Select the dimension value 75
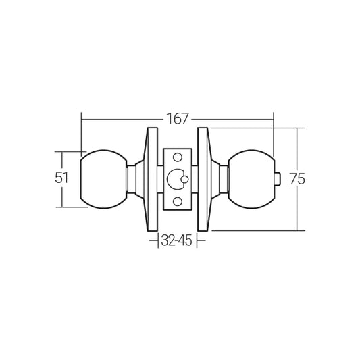pyautogui.click(x=297, y=179)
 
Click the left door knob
pyautogui.click(x=103, y=179)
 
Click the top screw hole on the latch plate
pyautogui.click(x=178, y=157)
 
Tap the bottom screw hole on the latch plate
pyautogui.click(x=178, y=201)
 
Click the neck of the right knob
pyautogui.click(x=224, y=180)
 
